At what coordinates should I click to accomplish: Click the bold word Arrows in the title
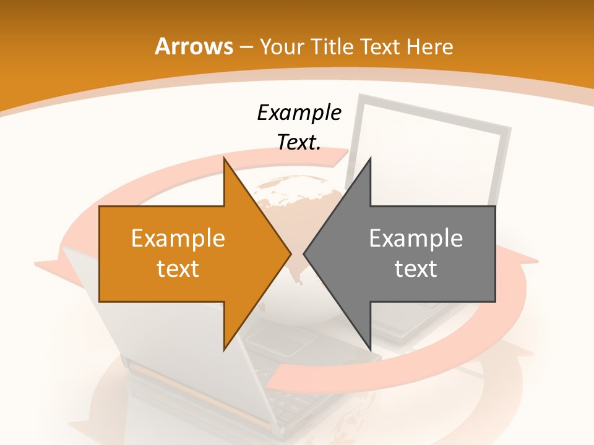(193, 46)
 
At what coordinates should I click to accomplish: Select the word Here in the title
(430, 46)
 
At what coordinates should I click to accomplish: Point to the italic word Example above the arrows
(299, 112)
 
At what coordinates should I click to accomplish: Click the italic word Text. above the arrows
(299, 142)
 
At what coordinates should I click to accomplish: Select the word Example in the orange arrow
(178, 238)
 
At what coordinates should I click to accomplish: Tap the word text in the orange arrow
(178, 268)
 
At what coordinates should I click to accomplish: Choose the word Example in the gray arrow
(416, 238)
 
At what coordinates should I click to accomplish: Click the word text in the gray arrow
(416, 268)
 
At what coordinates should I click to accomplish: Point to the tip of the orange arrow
(290, 253)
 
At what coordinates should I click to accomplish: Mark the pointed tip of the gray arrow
(305, 253)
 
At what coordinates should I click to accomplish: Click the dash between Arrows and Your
(245, 48)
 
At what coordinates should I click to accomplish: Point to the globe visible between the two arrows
(291, 198)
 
